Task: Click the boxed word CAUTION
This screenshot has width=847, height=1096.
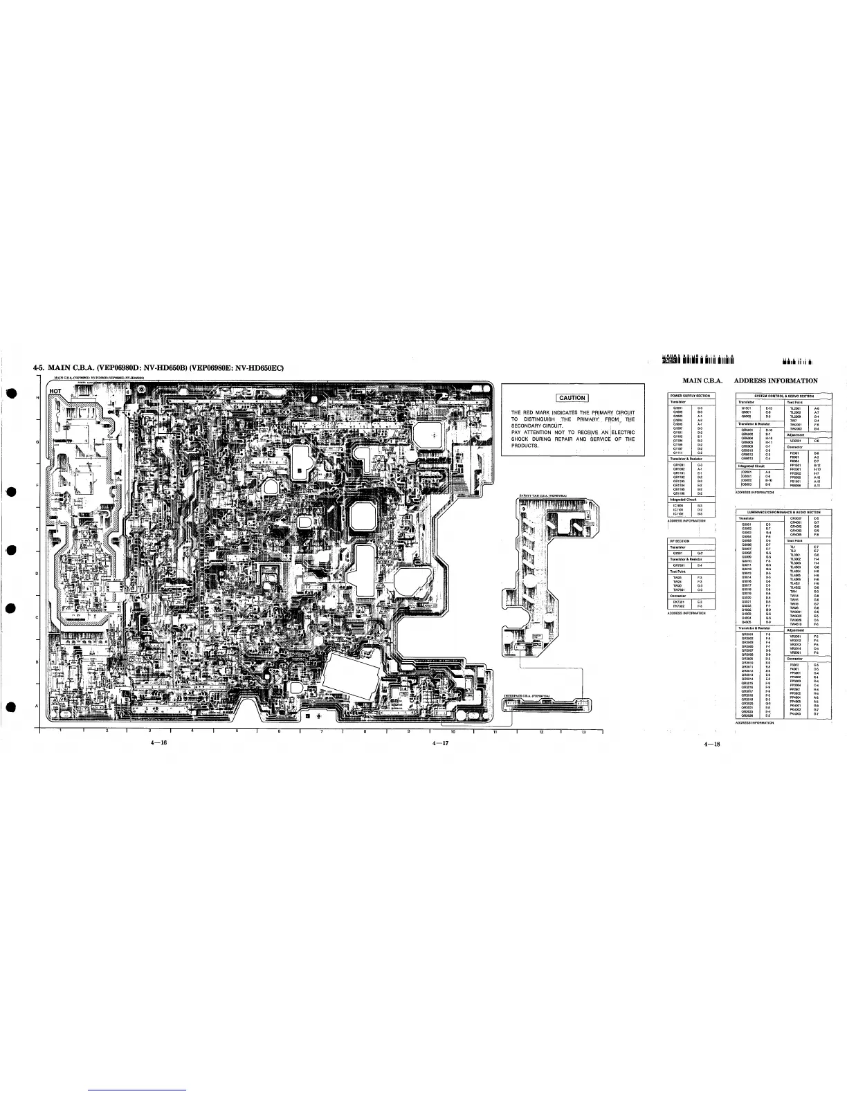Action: pyautogui.click(x=572, y=397)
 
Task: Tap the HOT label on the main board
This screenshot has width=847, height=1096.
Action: pyautogui.click(x=56, y=390)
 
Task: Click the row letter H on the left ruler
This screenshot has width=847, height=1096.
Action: pyautogui.click(x=37, y=397)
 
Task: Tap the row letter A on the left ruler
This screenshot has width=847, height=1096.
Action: pyautogui.click(x=37, y=705)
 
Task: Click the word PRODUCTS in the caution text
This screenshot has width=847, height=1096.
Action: pyautogui.click(x=525, y=446)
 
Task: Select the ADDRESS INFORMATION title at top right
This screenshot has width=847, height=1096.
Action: pyautogui.click(x=775, y=381)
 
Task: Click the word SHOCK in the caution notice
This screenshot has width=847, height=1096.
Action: pyautogui.click(x=522, y=439)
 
